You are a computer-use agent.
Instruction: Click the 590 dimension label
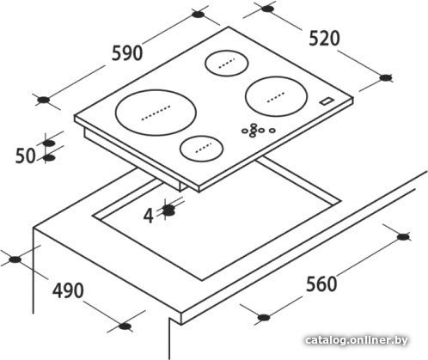(x=127, y=53)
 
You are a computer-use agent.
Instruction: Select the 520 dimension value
(x=324, y=39)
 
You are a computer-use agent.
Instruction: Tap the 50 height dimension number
(x=25, y=156)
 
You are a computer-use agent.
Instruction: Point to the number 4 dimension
(x=149, y=216)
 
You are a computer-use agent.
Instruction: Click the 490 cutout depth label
(x=68, y=290)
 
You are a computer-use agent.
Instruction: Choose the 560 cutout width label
(x=321, y=284)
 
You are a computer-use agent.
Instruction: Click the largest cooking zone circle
(x=156, y=113)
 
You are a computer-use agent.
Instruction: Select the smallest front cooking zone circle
(x=201, y=149)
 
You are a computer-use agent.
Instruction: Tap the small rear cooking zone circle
(x=227, y=64)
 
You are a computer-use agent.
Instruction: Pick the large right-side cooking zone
(x=276, y=96)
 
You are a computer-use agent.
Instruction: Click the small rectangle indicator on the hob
(x=327, y=101)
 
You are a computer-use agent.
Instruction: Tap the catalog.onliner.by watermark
(x=357, y=340)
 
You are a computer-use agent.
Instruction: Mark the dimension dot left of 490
(x=15, y=259)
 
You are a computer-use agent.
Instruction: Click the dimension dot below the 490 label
(x=125, y=326)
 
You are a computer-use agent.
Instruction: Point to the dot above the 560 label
(x=403, y=237)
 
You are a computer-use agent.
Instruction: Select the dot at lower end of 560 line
(x=264, y=317)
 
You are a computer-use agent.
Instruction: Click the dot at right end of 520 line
(x=386, y=77)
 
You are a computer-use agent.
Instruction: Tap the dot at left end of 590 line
(x=44, y=100)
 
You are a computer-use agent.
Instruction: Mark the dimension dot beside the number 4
(x=168, y=211)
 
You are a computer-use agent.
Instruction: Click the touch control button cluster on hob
(x=259, y=131)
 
